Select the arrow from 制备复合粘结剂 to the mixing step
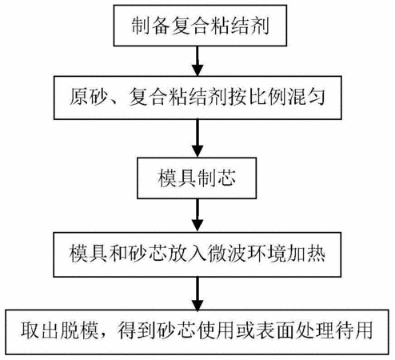click(x=197, y=61)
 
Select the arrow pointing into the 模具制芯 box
click(x=197, y=138)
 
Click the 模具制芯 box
click(x=197, y=178)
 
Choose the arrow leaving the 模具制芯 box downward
click(x=197, y=215)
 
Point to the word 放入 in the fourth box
click(x=187, y=253)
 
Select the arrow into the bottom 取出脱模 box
click(x=197, y=294)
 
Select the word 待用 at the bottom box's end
click(x=354, y=331)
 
